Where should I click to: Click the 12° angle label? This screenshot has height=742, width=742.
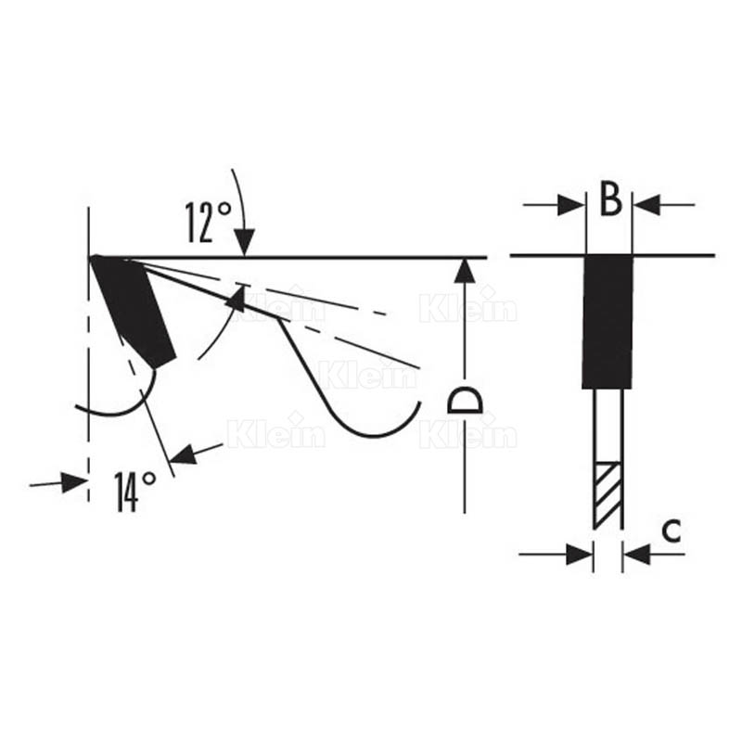(208, 222)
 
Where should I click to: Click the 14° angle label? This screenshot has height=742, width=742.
(134, 491)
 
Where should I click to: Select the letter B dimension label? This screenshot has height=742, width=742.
(609, 199)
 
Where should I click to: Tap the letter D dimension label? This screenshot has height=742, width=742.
(464, 400)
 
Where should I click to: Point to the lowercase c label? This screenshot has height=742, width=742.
(672, 530)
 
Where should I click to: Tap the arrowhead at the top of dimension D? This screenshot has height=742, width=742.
(465, 270)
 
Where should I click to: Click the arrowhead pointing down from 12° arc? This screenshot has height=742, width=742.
(244, 245)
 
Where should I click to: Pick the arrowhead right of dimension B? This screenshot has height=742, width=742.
(647, 204)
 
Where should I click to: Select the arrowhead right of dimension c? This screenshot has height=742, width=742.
(636, 555)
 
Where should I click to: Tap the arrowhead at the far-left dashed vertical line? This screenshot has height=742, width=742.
(74, 481)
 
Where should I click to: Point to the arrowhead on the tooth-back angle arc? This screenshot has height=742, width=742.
(237, 299)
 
